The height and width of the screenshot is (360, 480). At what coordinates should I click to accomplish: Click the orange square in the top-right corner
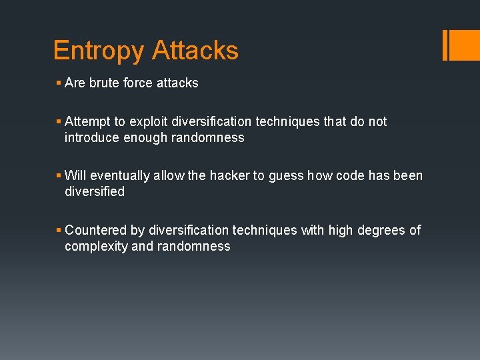(465, 45)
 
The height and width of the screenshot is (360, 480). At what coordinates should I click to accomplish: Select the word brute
(101, 83)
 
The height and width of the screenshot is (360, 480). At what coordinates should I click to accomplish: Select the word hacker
(229, 176)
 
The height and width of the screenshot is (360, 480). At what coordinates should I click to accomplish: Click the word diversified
(95, 192)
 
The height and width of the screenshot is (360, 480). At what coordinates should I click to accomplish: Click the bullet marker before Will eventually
(59, 176)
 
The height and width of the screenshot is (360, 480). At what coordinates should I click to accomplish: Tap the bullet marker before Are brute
(59, 83)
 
